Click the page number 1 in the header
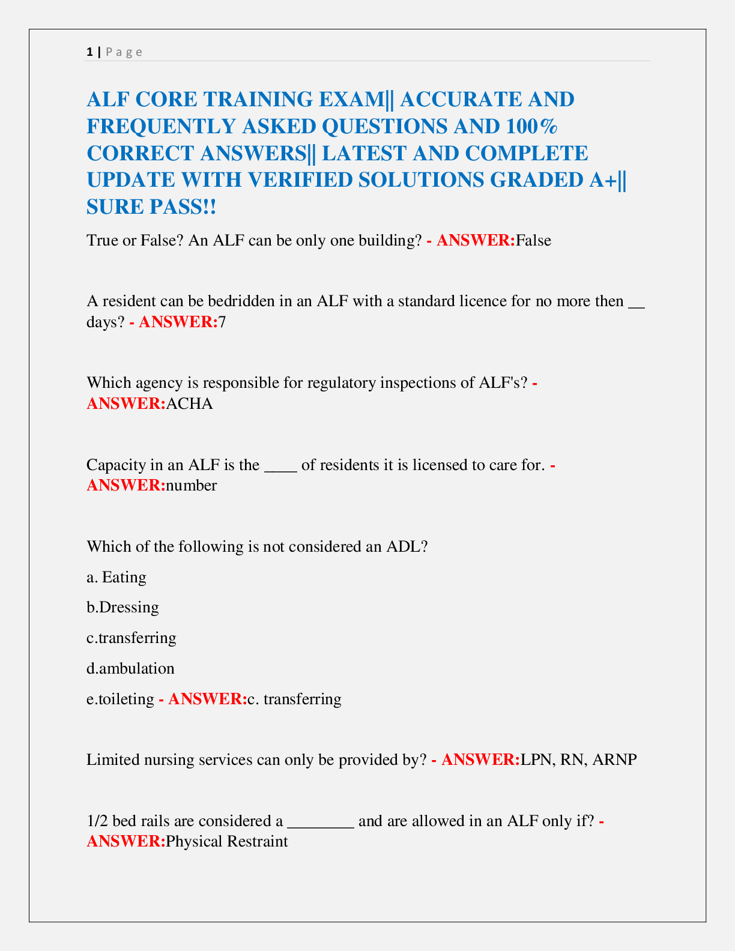pyautogui.click(x=89, y=52)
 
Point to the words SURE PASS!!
pyautogui.click(x=151, y=207)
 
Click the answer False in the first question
pyautogui.click(x=533, y=241)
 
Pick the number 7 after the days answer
pyautogui.click(x=222, y=322)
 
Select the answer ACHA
pyautogui.click(x=189, y=403)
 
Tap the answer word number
pyautogui.click(x=191, y=485)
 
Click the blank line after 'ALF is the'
pyautogui.click(x=280, y=465)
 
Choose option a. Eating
pyautogui.click(x=116, y=578)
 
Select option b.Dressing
pyautogui.click(x=122, y=608)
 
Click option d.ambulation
pyautogui.click(x=130, y=669)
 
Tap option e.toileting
pyautogui.click(x=120, y=699)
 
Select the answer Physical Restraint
pyautogui.click(x=226, y=842)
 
